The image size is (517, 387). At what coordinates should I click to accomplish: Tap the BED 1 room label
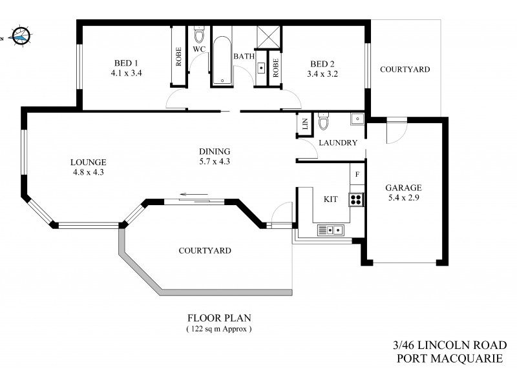click(x=126, y=63)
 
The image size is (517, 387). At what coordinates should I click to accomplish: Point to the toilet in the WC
click(x=199, y=34)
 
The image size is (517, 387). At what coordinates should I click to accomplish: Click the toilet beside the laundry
click(x=324, y=121)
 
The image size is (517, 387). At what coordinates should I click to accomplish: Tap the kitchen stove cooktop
click(x=356, y=199)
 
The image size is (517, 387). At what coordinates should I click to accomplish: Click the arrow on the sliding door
click(x=192, y=193)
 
